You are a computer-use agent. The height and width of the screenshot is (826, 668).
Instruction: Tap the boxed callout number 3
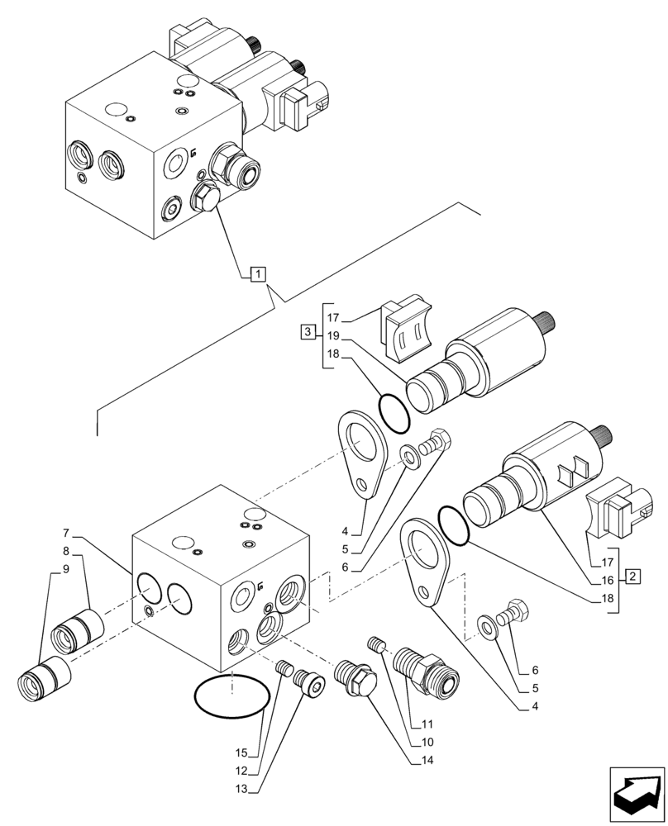(308, 332)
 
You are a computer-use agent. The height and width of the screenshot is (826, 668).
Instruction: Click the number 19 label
(333, 336)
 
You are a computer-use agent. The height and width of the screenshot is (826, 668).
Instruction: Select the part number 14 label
(427, 759)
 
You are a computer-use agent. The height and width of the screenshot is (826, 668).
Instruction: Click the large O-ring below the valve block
(231, 696)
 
